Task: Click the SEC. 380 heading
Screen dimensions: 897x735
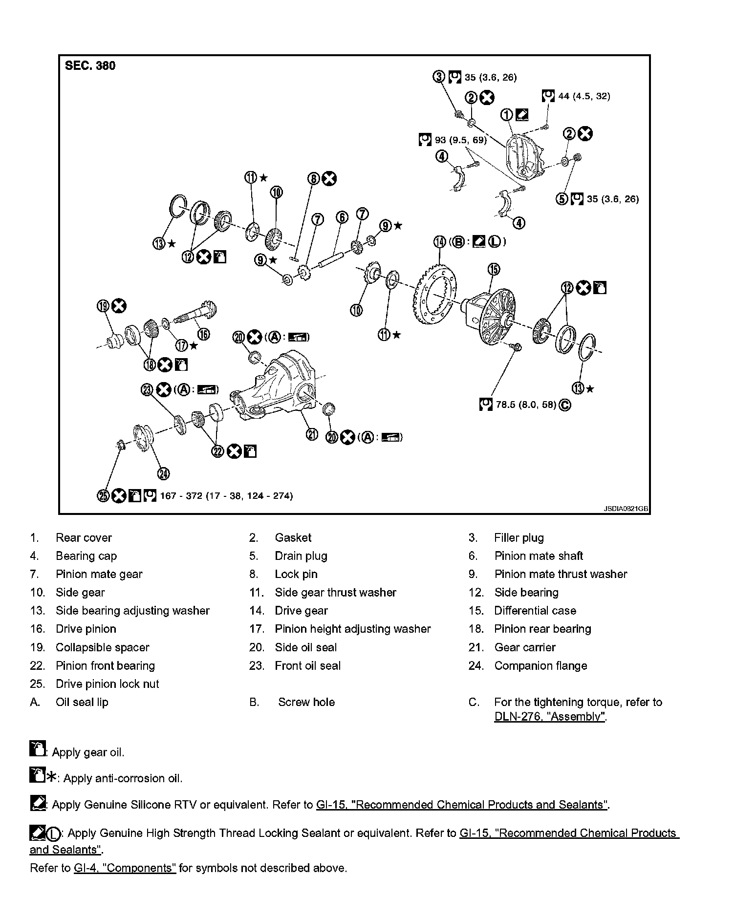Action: pyautogui.click(x=90, y=66)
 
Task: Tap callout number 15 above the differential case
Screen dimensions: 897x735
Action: pyautogui.click(x=494, y=269)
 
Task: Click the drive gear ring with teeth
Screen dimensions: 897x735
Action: pyautogui.click(x=434, y=296)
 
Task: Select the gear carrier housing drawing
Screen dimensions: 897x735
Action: pyautogui.click(x=276, y=386)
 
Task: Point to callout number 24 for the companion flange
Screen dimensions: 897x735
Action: pyautogui.click(x=163, y=473)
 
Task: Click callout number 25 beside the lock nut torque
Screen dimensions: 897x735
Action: pyautogui.click(x=103, y=496)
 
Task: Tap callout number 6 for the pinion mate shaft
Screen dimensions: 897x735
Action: pyautogui.click(x=342, y=217)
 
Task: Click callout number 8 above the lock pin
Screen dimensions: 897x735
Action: pyautogui.click(x=313, y=179)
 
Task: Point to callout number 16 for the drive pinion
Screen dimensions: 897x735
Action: pyautogui.click(x=203, y=334)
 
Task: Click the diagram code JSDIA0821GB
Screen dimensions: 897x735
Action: pyautogui.click(x=625, y=509)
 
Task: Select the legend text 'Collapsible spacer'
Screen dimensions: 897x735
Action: pyautogui.click(x=102, y=647)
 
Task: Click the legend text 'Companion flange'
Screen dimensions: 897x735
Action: pyautogui.click(x=540, y=665)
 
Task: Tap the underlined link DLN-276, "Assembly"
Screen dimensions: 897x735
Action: pyautogui.click(x=550, y=717)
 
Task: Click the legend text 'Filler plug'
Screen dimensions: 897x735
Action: pyautogui.click(x=519, y=538)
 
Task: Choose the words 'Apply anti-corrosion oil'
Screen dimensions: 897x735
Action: pyautogui.click(x=123, y=778)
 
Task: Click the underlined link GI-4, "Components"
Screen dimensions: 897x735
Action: pyautogui.click(x=125, y=868)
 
